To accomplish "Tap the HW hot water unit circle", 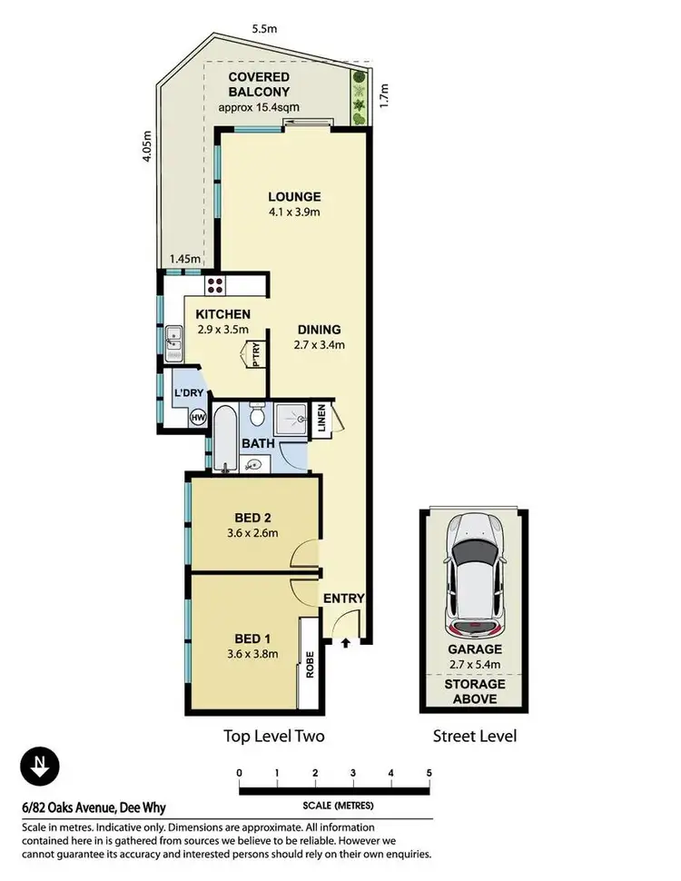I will click(x=199, y=418).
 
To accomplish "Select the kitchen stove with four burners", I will click(x=216, y=286).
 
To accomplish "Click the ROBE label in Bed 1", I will click(x=309, y=670).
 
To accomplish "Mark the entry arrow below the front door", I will click(x=346, y=643).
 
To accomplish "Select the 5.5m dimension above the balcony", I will click(x=263, y=29).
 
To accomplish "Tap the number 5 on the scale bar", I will click(x=429, y=774).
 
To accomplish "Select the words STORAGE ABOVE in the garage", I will click(x=470, y=693).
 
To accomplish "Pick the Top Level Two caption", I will click(x=274, y=736).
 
